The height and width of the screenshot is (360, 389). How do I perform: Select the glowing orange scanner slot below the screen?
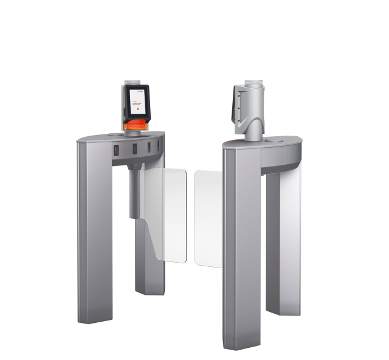click(x=137, y=125)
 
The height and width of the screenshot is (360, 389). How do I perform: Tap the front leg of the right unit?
click(x=242, y=249)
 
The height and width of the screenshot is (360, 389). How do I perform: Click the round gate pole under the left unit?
click(x=133, y=195)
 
